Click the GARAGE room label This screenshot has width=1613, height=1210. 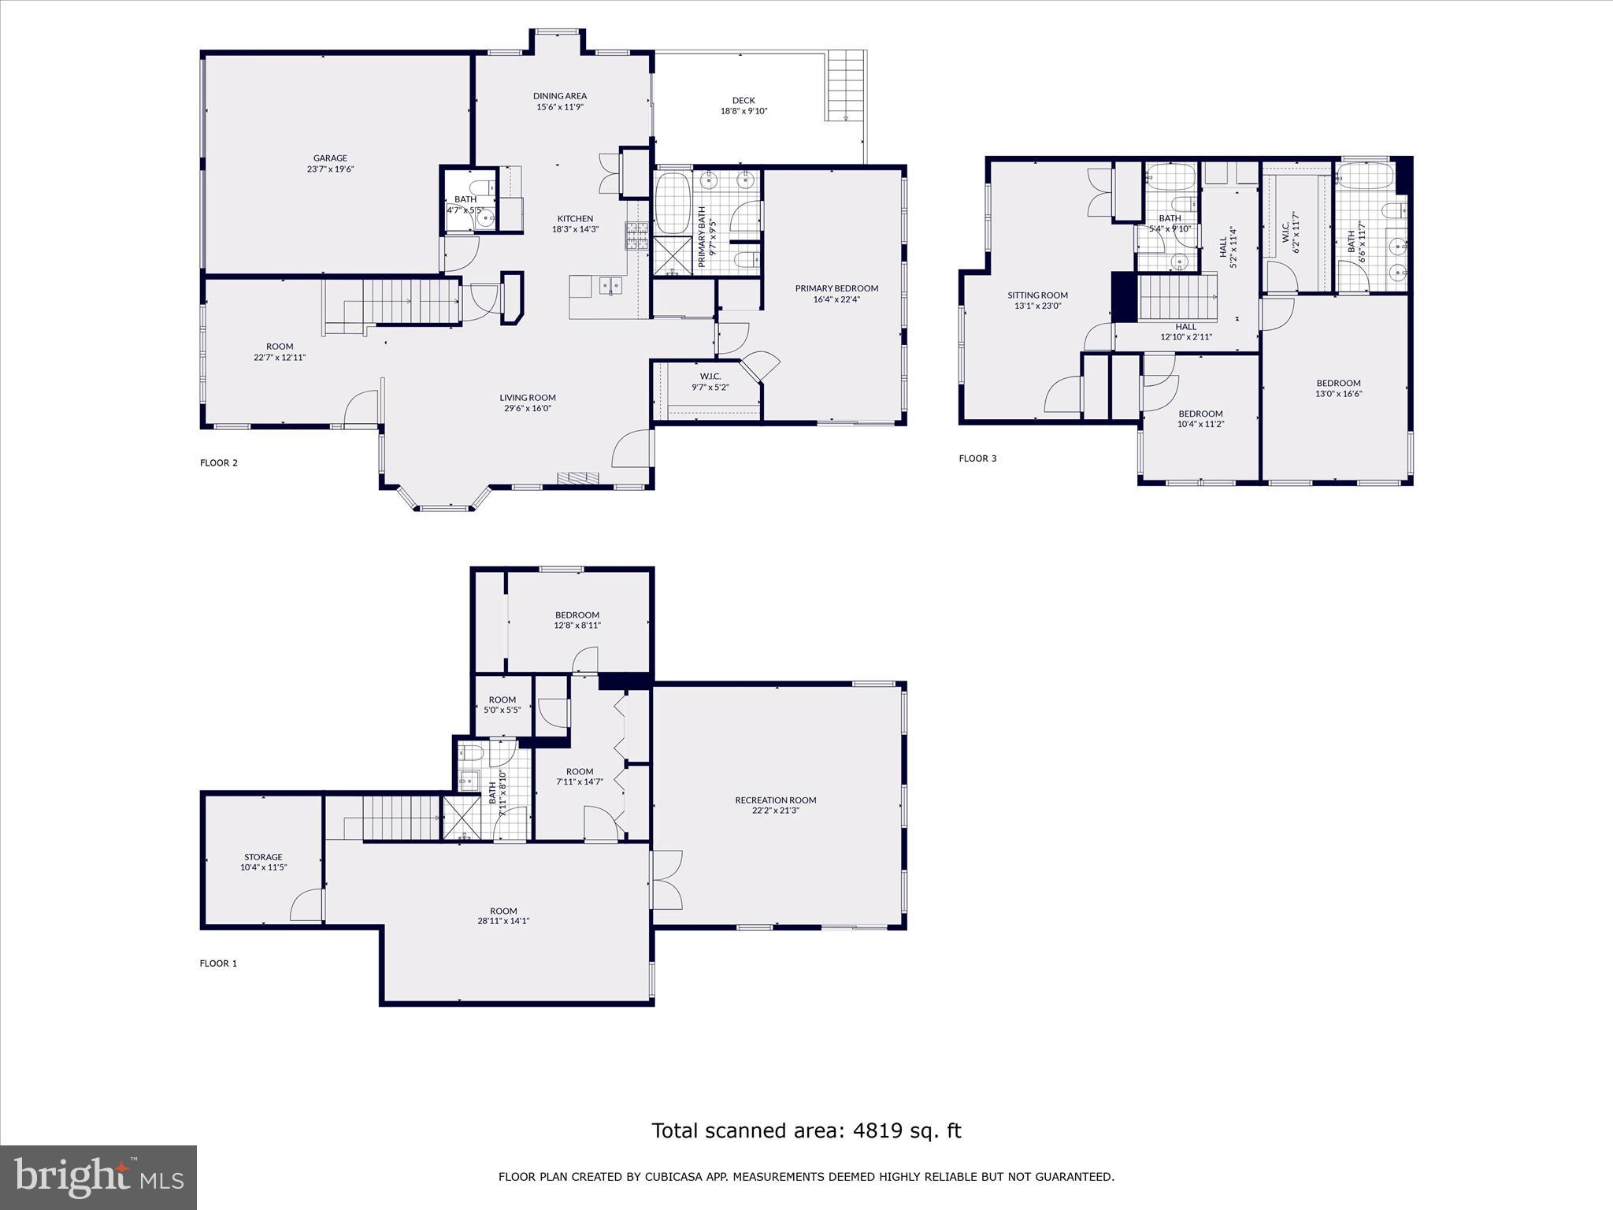(330, 158)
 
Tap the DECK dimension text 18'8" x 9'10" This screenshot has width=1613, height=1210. (743, 111)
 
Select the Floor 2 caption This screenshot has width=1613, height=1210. (218, 463)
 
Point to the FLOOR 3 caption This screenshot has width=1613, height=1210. (977, 458)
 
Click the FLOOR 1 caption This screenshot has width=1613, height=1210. (218, 963)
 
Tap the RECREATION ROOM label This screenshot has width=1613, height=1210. (775, 800)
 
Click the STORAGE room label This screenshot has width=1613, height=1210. (263, 857)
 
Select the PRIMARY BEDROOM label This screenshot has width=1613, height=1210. (836, 288)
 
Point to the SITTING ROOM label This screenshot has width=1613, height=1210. (1037, 295)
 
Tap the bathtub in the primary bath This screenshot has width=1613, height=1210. (673, 203)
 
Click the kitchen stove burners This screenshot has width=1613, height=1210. (636, 235)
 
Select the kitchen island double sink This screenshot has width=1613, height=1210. (609, 284)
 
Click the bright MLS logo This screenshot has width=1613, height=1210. (98, 1177)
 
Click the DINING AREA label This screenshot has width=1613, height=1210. (559, 96)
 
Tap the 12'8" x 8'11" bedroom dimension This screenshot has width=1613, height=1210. (577, 625)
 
